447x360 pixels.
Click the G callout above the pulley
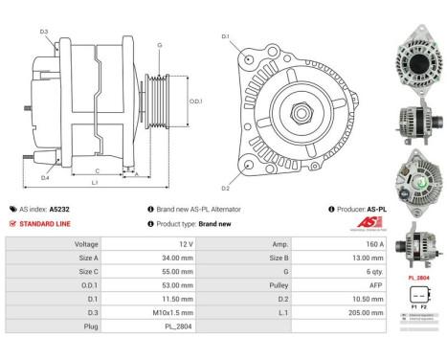tap(159, 45)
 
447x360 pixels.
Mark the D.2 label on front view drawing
tap(226, 188)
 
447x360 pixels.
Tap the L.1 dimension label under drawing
tap(94, 182)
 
